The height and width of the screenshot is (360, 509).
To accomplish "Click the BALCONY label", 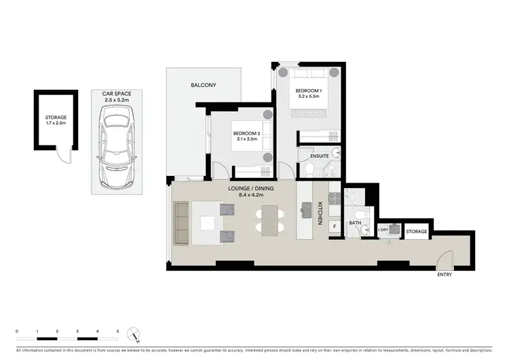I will tap(203, 85).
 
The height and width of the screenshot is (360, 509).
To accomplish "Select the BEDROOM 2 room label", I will tap(246, 134).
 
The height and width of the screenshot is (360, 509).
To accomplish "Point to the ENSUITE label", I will tap(319, 156).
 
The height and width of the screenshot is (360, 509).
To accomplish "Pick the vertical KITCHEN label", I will tap(320, 213).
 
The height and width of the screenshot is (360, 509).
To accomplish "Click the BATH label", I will tap(355, 222).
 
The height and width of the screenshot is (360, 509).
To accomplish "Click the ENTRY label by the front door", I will tap(445, 274).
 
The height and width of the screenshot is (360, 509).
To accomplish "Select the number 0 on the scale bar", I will tap(17, 331).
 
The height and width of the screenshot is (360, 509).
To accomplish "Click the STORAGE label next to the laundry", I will tap(416, 232).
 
